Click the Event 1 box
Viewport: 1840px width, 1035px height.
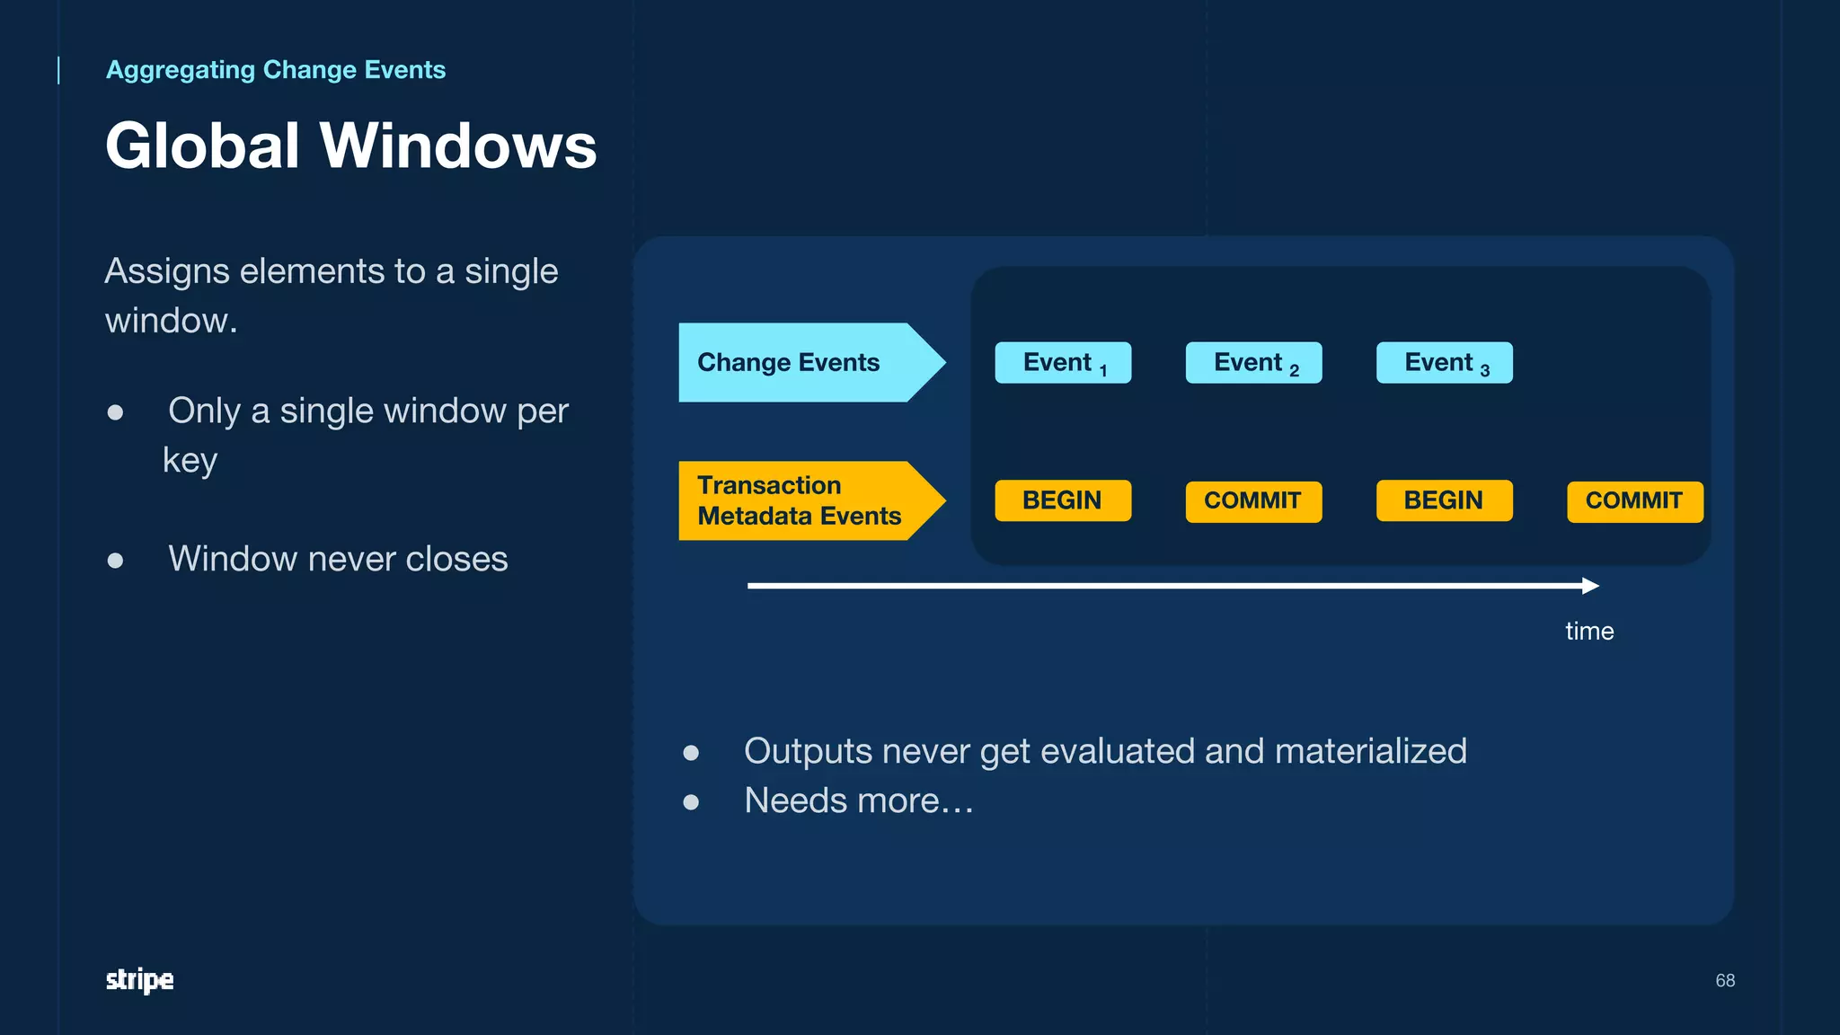coord(1063,363)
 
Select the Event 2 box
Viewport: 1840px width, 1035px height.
coord(1253,363)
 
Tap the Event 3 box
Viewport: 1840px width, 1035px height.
coord(1444,363)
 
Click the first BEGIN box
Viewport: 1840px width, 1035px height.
coord(1063,500)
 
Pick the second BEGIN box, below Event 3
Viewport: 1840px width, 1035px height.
coord(1444,500)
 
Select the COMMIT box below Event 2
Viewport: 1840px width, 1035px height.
coord(1253,501)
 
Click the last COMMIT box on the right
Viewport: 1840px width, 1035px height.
coord(1634,501)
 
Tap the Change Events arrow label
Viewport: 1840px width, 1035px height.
coord(791,362)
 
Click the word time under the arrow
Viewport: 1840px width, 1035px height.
coord(1589,632)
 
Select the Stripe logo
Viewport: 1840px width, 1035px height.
coord(139,979)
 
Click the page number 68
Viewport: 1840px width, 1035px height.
coord(1725,980)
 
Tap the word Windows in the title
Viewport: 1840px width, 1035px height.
coord(458,146)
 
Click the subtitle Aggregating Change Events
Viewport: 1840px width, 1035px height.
coord(276,70)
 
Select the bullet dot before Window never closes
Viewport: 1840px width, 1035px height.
coord(115,561)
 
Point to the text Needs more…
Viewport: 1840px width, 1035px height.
coord(858,801)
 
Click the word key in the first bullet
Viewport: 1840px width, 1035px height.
coord(190,461)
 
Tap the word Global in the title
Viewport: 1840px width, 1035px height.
coord(202,146)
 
